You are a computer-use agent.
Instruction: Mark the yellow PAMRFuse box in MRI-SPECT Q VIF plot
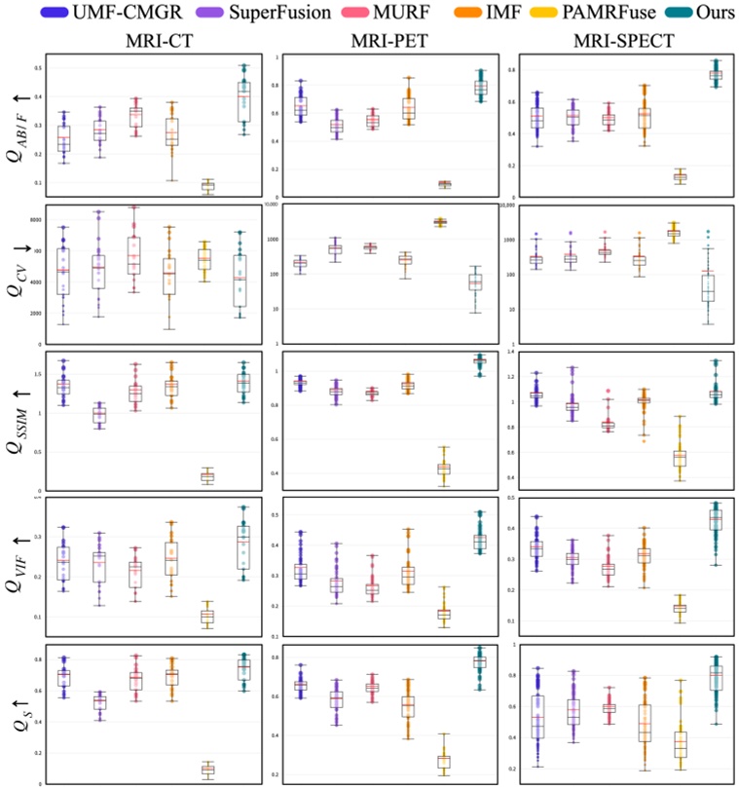pos(679,609)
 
